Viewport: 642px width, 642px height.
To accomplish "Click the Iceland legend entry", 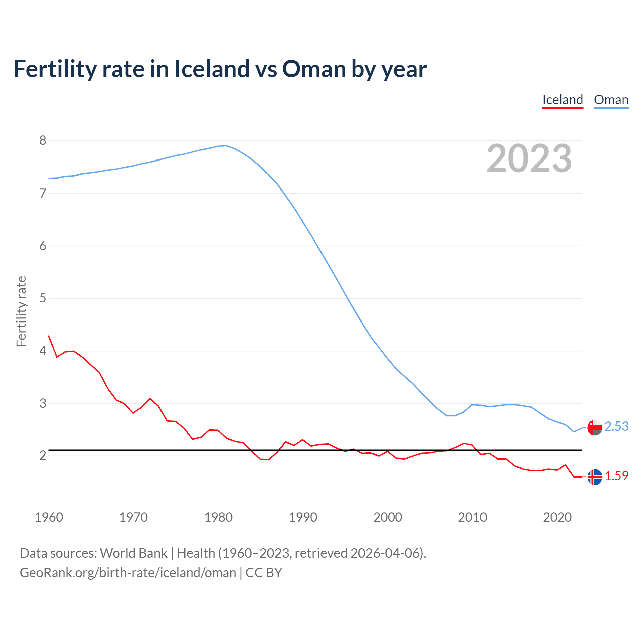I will click(562, 100).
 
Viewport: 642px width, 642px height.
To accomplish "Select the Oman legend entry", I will click(611, 100).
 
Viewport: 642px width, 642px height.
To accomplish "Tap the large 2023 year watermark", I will click(529, 158).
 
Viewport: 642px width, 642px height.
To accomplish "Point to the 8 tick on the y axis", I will click(43, 140).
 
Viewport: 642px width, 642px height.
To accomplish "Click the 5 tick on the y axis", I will click(43, 298).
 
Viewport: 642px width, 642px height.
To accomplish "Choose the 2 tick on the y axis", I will click(43, 455).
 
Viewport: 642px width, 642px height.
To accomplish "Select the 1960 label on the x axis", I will click(49, 517).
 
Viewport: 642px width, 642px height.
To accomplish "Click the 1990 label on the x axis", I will click(303, 517).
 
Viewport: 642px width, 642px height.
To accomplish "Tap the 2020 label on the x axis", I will click(557, 517).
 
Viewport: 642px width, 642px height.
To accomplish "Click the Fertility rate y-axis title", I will click(21, 311).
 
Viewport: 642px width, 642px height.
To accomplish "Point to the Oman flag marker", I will click(595, 428).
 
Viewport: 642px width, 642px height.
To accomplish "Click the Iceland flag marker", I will click(595, 477).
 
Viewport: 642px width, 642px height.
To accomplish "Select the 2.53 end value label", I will click(616, 426).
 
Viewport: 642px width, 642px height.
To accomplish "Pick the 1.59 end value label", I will click(616, 476).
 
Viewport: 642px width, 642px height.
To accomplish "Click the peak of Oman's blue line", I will click(226, 146).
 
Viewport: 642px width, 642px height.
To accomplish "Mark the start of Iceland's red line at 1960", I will click(49, 336).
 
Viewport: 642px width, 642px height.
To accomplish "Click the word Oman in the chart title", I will click(314, 69).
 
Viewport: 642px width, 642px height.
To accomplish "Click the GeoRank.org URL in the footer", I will click(128, 573).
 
